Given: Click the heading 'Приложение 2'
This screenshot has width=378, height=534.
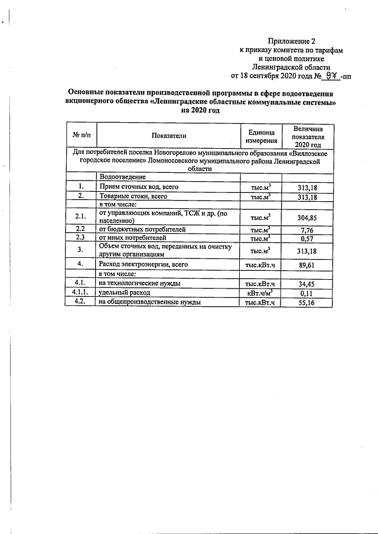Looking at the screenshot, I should [x=292, y=41].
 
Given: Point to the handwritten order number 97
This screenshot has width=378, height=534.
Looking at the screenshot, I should [x=327, y=76].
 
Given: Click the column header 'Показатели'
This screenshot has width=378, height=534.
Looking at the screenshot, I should [x=168, y=136].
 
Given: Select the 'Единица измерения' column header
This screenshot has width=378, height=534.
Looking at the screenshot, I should [x=260, y=136].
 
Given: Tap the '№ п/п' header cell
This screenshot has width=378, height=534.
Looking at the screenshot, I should [x=80, y=136].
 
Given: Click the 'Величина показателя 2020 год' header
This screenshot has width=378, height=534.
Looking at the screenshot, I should [x=308, y=136].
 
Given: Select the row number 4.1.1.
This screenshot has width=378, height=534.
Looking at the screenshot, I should [x=80, y=293].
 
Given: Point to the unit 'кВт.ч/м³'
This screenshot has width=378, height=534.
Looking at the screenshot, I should [x=260, y=293].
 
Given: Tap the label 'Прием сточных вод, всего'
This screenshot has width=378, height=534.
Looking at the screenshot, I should [x=138, y=186].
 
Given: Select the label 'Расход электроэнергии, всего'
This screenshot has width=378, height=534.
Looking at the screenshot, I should [x=143, y=265].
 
